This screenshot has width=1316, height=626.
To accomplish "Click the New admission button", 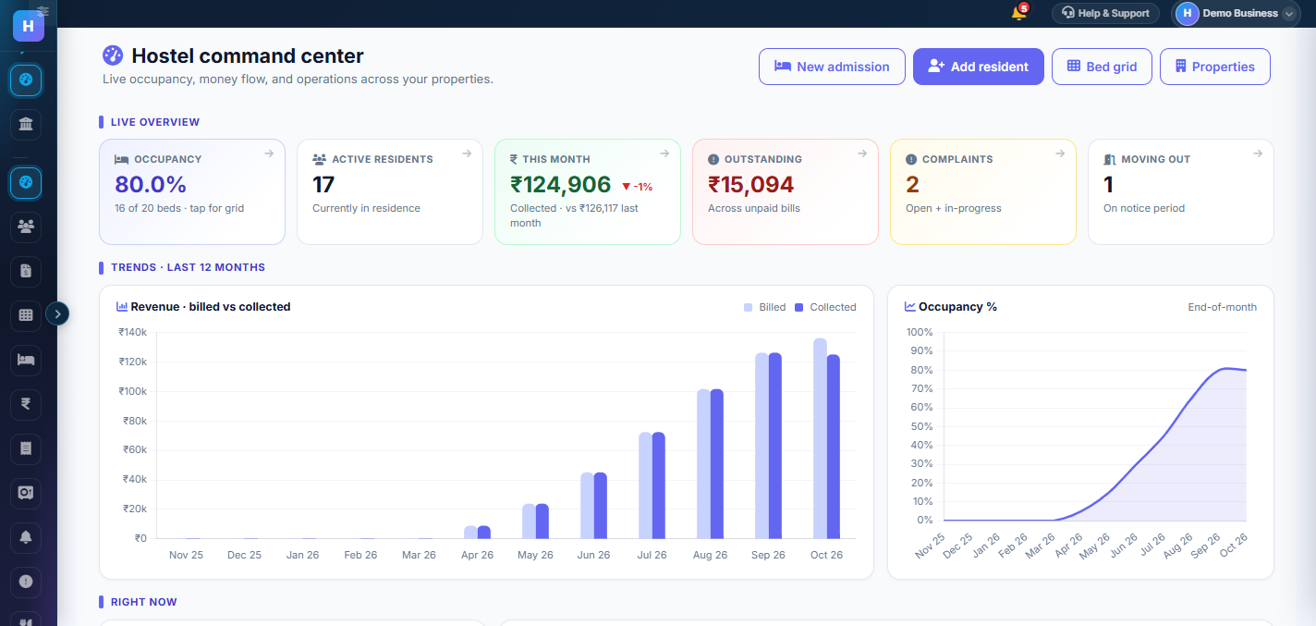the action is click(x=832, y=67).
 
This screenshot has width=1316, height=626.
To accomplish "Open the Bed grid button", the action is click(x=1102, y=67).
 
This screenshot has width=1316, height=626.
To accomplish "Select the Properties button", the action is click(x=1215, y=67).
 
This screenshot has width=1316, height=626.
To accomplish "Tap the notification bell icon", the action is click(x=1018, y=13).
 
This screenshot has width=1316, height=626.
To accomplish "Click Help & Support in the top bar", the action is click(x=1105, y=13).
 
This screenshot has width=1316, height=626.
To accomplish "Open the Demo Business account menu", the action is click(x=1235, y=13).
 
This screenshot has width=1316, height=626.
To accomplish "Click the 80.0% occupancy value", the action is click(x=151, y=185).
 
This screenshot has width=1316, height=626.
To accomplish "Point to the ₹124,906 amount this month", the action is click(x=560, y=185).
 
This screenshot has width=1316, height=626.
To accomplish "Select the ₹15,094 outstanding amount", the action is click(x=750, y=185).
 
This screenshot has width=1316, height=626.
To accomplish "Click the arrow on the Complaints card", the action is click(x=1060, y=153).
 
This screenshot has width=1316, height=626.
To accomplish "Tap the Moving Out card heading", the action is click(x=1155, y=159).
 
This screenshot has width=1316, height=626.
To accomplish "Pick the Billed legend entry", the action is click(x=764, y=307).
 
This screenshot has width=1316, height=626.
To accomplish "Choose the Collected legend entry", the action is click(x=825, y=307).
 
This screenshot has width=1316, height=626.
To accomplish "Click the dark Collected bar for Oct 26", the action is click(x=834, y=447).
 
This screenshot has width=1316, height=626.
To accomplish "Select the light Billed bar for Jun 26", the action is click(x=587, y=506).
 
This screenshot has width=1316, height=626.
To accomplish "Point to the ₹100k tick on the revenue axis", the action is click(x=133, y=391).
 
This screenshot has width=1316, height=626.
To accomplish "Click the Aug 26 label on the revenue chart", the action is click(x=710, y=555).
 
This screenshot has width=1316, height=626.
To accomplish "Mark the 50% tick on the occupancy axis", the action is click(x=921, y=426).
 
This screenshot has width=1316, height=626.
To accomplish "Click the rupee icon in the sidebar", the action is click(x=26, y=404).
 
